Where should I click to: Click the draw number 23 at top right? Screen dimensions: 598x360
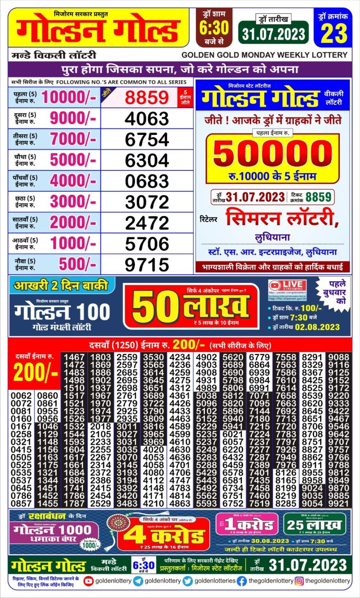[x=334, y=33]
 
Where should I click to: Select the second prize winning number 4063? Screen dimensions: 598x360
[x=147, y=119]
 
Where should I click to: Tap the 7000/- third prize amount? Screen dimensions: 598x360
[x=73, y=139]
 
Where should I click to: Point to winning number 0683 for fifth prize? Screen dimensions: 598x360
[x=147, y=181]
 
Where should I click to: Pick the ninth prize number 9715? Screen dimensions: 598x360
[x=147, y=265]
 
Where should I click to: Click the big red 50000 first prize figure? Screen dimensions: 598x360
[x=272, y=153]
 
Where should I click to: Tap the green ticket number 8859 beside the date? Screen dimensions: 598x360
[x=318, y=197]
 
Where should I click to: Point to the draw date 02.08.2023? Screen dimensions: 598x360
[x=317, y=327]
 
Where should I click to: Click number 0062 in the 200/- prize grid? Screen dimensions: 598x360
[x=21, y=396]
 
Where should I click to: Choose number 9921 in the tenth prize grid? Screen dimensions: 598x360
[x=339, y=504]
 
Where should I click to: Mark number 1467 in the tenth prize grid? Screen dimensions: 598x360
[x=74, y=357]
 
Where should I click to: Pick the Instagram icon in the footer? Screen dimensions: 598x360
[x=299, y=581]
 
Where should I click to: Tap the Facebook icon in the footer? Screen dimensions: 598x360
[x=242, y=581]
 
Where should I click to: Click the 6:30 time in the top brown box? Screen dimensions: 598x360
[x=214, y=28]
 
